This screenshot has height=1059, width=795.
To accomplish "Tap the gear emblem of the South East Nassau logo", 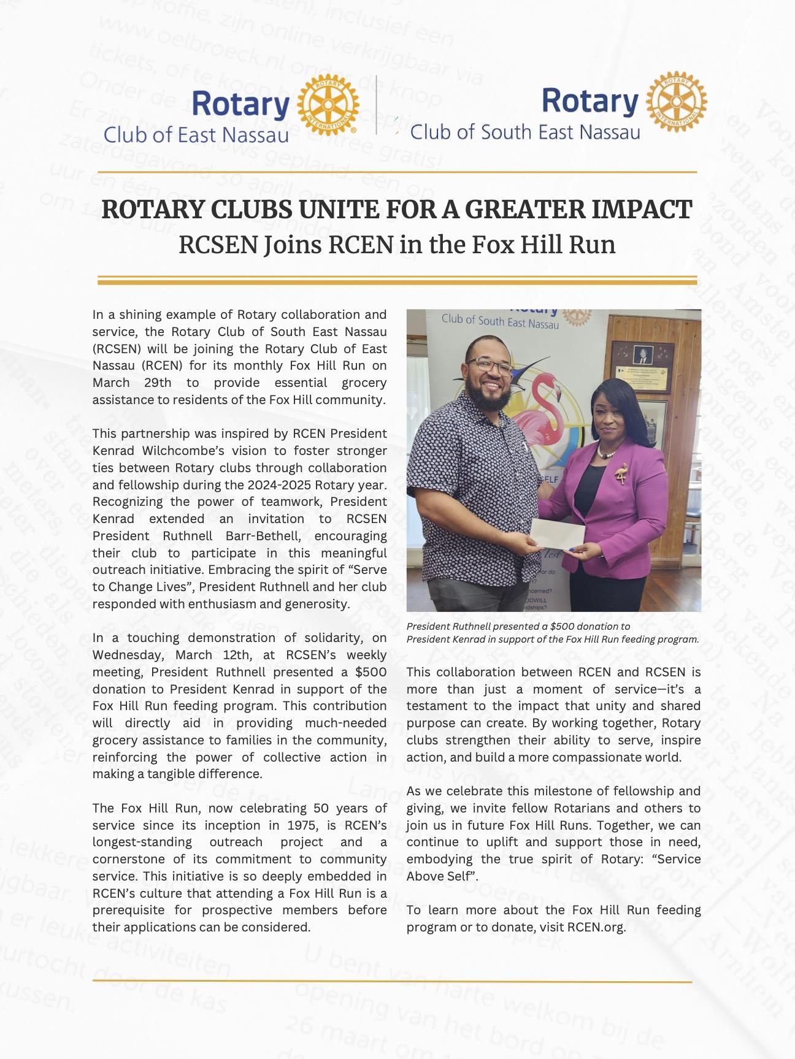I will (677, 101).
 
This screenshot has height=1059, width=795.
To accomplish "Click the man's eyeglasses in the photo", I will (489, 365).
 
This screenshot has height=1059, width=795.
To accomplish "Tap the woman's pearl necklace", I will (607, 452).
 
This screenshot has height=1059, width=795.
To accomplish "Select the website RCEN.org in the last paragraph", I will (596, 927).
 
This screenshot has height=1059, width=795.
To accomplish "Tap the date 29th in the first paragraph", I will (156, 383).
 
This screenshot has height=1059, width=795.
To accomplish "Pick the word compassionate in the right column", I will (597, 757).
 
